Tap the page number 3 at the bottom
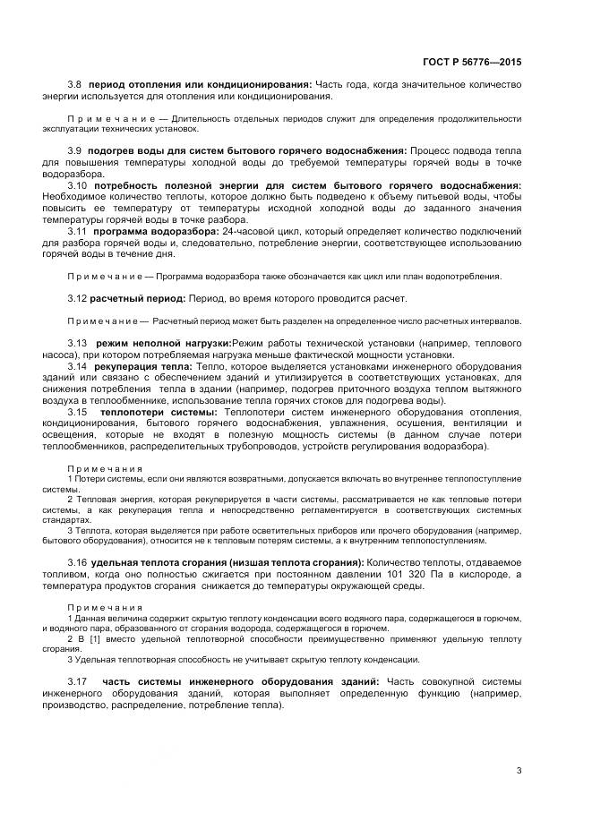click(519, 770)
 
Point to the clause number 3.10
click(78, 184)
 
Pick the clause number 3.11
click(78, 231)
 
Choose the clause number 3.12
click(78, 298)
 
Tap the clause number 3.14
click(78, 366)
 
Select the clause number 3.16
click(78, 561)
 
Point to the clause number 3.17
click(78, 682)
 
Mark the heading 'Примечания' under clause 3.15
click(105, 468)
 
